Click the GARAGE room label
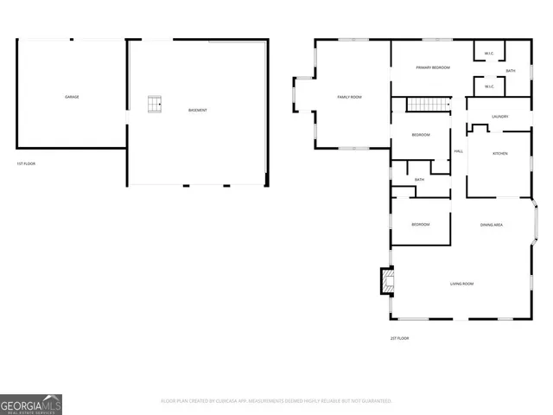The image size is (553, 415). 72,97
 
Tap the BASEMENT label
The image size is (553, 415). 198,110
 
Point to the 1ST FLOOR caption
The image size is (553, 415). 26,163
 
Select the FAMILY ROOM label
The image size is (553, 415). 349,97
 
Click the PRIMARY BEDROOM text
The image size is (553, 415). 432,67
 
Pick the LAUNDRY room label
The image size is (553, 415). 499,116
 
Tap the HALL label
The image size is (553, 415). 459,151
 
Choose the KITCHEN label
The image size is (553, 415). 499,153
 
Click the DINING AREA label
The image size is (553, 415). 492,225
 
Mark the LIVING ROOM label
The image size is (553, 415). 461,284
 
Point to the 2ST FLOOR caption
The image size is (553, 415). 399,338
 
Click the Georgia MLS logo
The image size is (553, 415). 31,404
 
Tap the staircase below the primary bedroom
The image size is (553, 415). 429,105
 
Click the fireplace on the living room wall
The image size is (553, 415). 386,280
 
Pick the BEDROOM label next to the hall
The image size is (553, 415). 421,135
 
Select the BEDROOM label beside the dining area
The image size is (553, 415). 421,225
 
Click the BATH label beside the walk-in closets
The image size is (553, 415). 511,71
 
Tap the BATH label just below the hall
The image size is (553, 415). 419,180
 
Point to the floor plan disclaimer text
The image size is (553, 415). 276,400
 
